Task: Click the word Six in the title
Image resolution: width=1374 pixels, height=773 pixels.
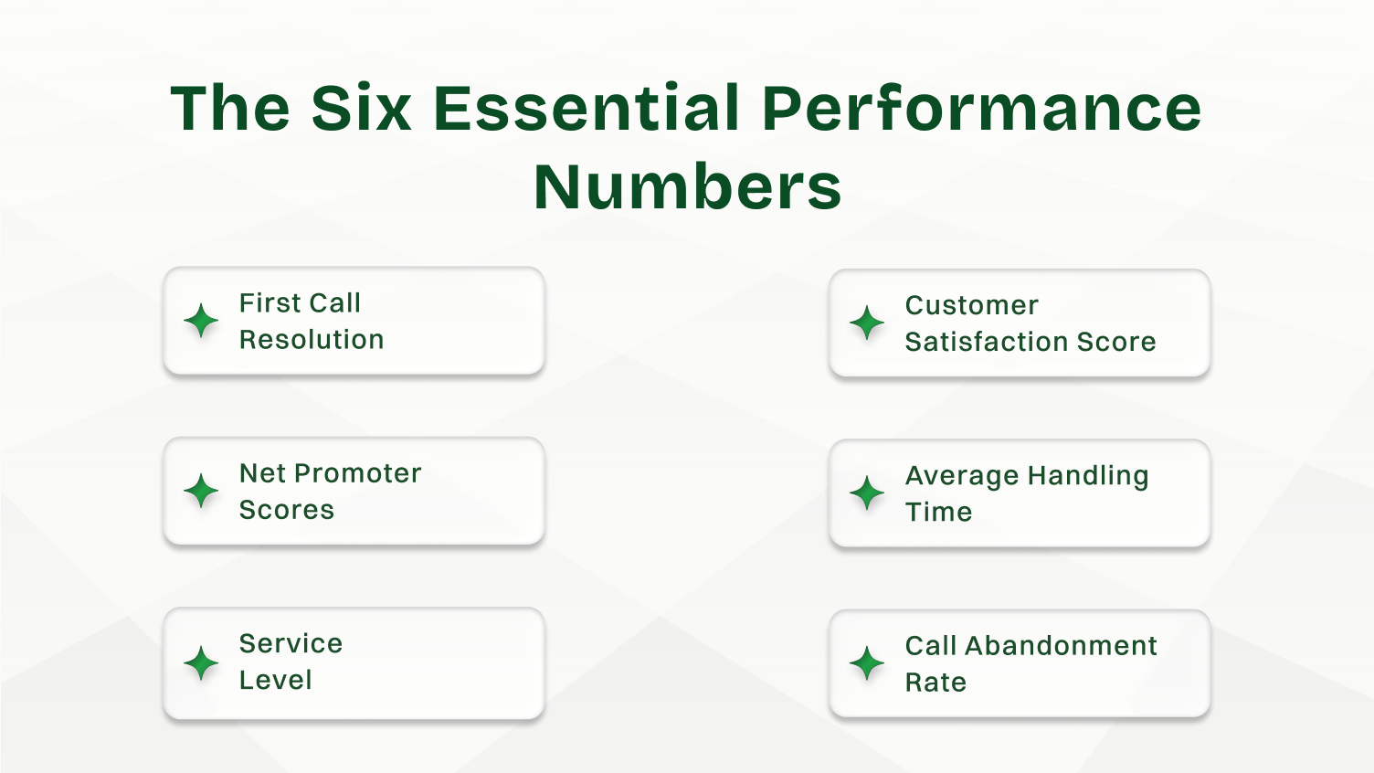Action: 361,109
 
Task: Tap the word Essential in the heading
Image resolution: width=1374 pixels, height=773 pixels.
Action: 586,109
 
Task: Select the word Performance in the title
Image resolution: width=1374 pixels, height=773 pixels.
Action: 981,109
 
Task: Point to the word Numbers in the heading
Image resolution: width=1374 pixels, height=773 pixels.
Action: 687,187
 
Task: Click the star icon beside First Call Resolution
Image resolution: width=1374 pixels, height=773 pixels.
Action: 201,321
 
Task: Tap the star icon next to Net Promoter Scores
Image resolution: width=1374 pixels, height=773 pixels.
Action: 201,492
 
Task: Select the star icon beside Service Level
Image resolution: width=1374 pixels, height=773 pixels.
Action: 201,662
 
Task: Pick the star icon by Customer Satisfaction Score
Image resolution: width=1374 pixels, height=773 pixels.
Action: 867,323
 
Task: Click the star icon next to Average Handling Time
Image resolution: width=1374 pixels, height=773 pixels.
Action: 867,493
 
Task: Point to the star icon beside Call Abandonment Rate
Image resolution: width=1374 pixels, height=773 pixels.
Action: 867,663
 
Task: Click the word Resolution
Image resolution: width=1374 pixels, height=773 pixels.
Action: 312,340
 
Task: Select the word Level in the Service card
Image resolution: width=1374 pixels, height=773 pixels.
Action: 275,681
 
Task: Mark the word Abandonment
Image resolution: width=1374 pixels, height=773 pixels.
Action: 1061,646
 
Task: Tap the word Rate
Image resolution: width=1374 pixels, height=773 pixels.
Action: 935,683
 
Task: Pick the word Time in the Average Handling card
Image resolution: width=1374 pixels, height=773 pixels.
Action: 938,513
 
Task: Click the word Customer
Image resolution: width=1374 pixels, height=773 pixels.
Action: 972,305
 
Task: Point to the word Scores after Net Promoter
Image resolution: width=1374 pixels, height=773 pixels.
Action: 287,510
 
